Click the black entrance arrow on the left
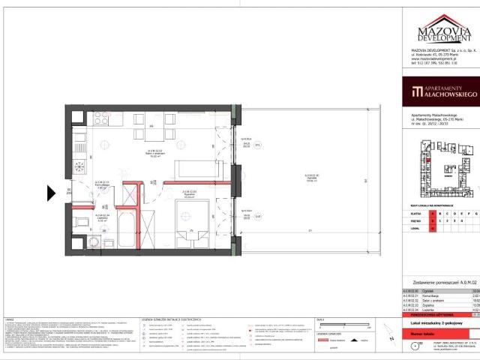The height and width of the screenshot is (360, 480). coord(51,193)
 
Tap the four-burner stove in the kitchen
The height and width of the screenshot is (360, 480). coord(101,118)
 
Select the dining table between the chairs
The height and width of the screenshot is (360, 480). coord(151,130)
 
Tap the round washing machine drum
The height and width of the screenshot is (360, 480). coord(93,242)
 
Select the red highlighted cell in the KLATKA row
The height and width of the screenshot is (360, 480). coord(432,213)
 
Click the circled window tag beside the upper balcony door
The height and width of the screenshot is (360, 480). coord(256,147)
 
